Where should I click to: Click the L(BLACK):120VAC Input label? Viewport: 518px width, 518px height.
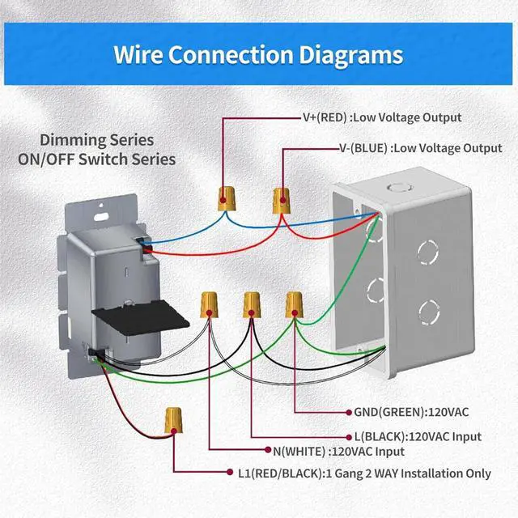(418, 436)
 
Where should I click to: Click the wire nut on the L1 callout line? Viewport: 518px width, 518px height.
(172, 419)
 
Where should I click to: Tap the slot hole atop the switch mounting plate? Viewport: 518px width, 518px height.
(102, 217)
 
